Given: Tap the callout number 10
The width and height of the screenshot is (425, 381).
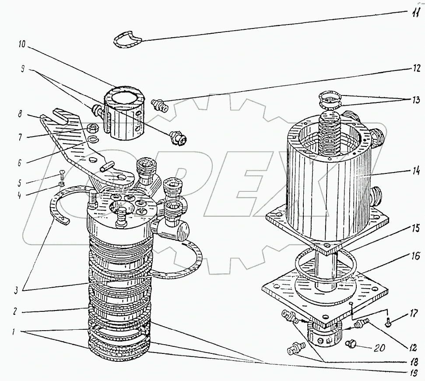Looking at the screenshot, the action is (x=21, y=44).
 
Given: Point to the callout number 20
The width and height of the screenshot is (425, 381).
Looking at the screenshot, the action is (x=380, y=348).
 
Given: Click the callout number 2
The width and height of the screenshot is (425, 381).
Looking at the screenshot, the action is (x=15, y=310).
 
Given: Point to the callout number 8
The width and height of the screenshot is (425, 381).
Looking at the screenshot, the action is (x=20, y=114).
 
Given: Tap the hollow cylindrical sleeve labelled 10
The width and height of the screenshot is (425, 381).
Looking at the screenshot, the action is (x=125, y=113).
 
